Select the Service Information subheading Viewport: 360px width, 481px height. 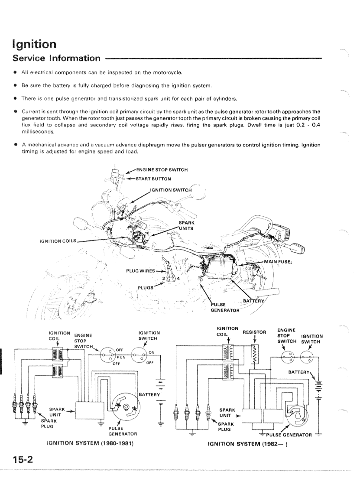[56, 58]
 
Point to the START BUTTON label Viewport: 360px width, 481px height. [153, 178]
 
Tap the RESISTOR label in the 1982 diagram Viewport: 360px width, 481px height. [254, 333]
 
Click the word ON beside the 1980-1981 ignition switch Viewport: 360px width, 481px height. [152, 352]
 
